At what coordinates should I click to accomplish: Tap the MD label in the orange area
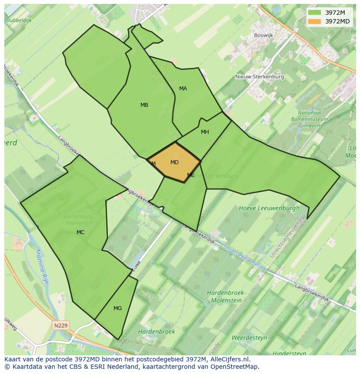pyautogui.click(x=174, y=162)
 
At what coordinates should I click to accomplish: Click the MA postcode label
pyautogui.click(x=183, y=89)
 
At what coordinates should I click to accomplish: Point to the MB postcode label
pyautogui.click(x=144, y=105)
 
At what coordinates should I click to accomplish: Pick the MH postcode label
pyautogui.click(x=205, y=132)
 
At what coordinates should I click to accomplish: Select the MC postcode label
pyautogui.click(x=80, y=232)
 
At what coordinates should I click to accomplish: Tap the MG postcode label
pyautogui.click(x=117, y=308)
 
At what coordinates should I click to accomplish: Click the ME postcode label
pyautogui.click(x=191, y=175)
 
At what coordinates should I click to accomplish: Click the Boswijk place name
pyautogui.click(x=264, y=36)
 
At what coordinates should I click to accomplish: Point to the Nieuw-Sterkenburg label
pyautogui.click(x=260, y=77)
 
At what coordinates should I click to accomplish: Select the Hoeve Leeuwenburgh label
pyautogui.click(x=269, y=208)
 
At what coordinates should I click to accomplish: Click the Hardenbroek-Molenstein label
pyautogui.click(x=226, y=296)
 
